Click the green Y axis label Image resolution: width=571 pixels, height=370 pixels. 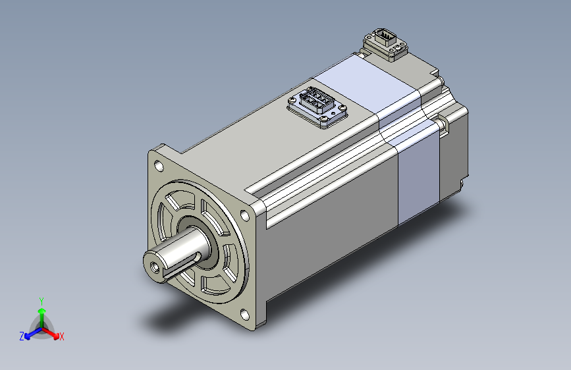[41, 302]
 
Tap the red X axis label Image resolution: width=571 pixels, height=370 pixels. [61, 336]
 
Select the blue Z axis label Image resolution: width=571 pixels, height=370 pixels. [22, 336]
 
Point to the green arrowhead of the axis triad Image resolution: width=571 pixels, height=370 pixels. [42, 311]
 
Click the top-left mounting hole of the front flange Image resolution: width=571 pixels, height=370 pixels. [159, 166]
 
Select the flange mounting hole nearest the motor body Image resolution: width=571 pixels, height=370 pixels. [245, 215]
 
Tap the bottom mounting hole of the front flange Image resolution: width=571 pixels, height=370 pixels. [245, 314]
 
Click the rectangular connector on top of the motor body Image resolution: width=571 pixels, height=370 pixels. [317, 107]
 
